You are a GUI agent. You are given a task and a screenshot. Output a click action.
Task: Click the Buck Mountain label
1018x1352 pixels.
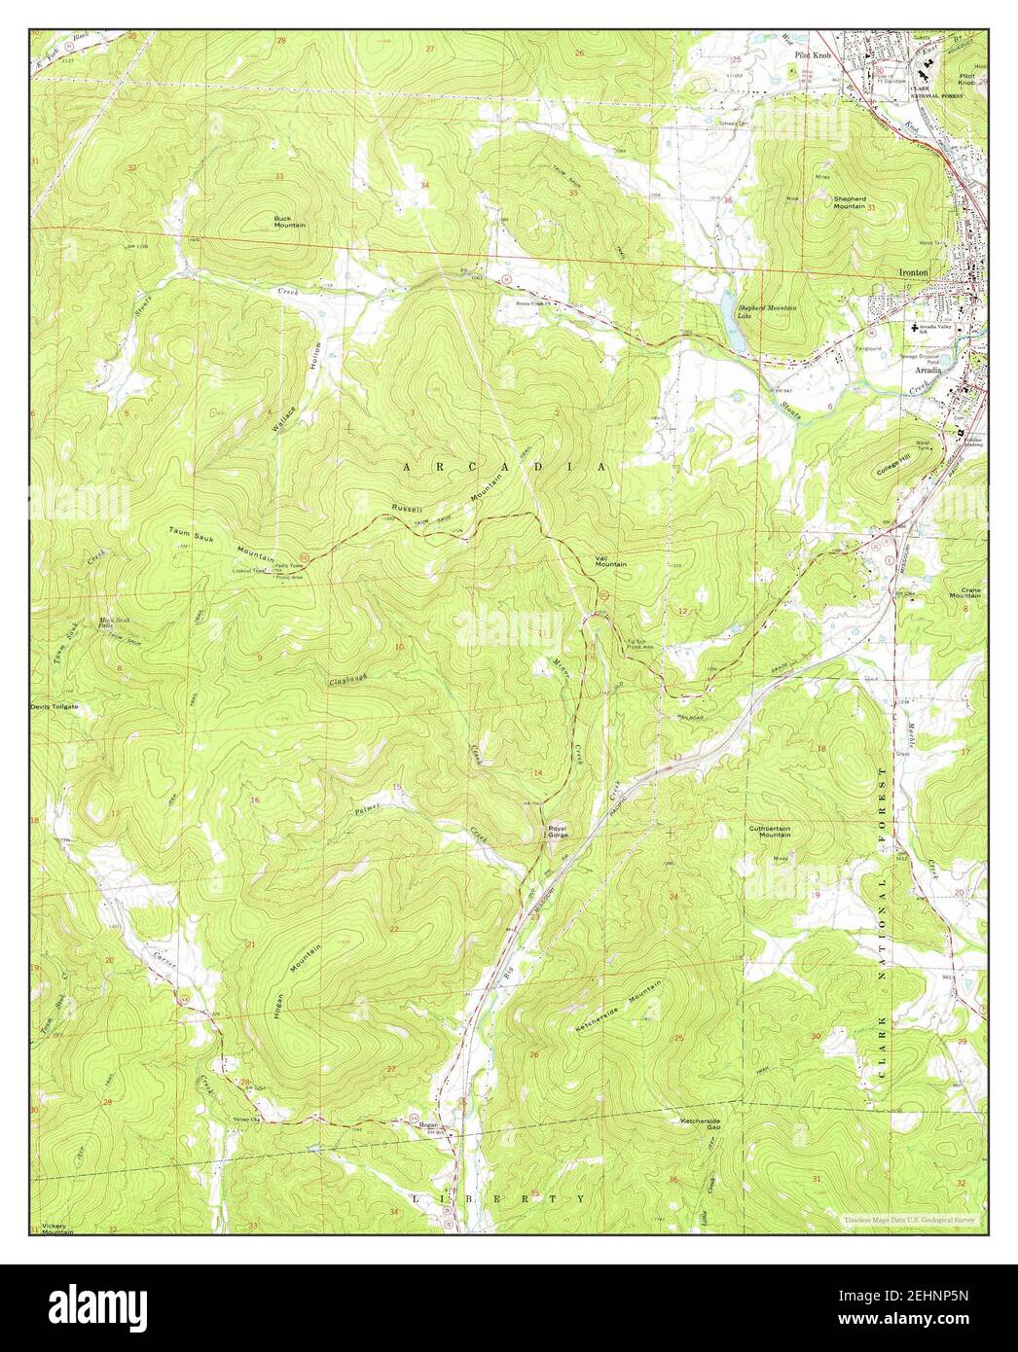pyautogui.click(x=289, y=221)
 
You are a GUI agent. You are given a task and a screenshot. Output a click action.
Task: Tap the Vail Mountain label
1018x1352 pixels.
pyautogui.click(x=610, y=561)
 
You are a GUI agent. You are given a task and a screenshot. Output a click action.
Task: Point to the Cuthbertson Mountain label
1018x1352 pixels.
pyautogui.click(x=769, y=832)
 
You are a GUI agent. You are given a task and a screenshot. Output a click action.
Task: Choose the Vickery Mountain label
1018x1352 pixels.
pyautogui.click(x=57, y=1227)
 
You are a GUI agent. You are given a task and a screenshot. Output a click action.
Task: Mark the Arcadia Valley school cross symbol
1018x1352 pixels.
pyautogui.click(x=913, y=329)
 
